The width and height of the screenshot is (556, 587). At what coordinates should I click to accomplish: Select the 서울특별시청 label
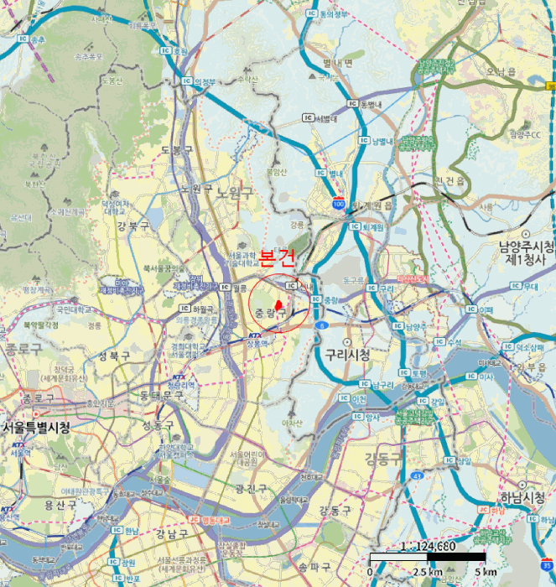(36, 427)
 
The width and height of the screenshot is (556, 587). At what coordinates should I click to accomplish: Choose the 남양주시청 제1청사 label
(527, 252)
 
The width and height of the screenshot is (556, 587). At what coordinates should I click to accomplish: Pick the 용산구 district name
(60, 504)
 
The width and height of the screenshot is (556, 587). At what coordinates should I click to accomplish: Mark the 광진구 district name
(251, 488)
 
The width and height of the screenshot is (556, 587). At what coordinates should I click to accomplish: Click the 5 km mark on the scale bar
(484, 572)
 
